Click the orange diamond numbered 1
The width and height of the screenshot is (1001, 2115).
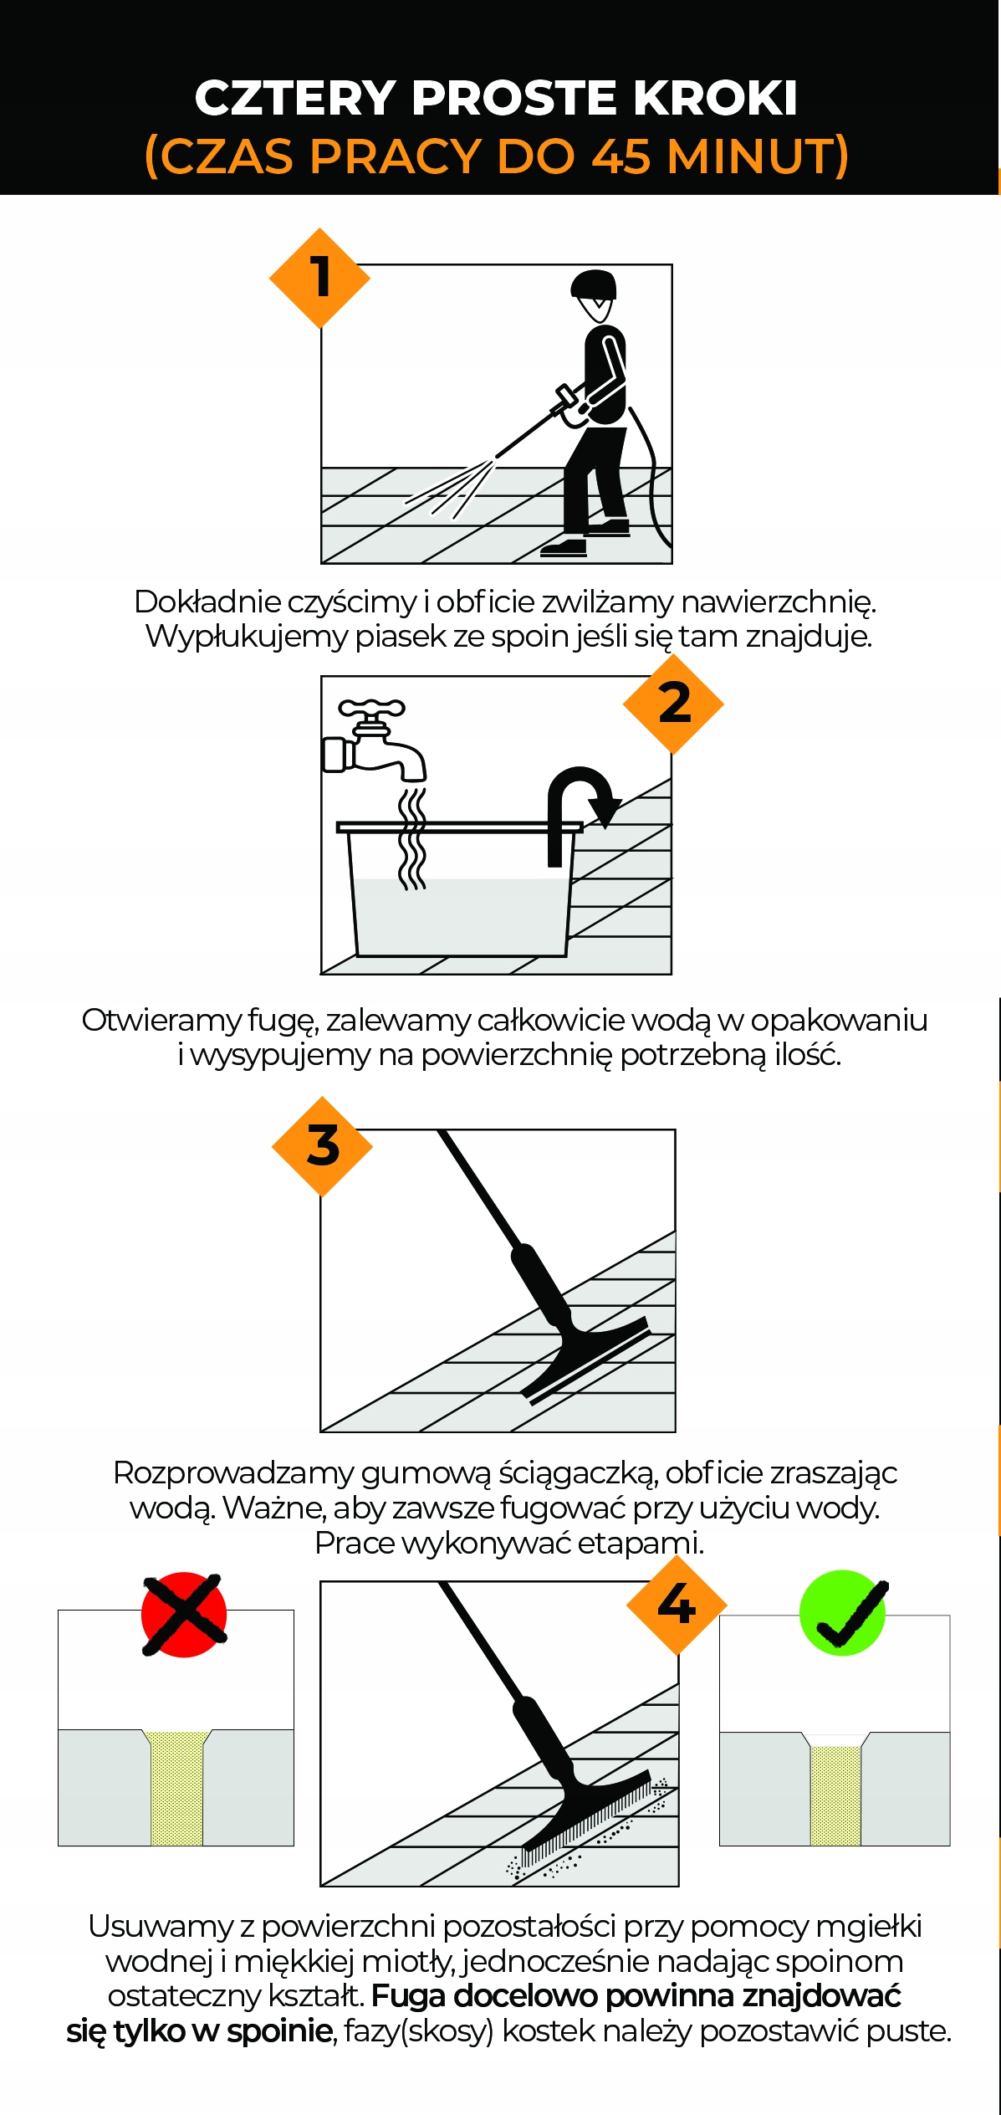point(319,278)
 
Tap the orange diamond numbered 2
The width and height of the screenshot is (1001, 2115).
point(673,704)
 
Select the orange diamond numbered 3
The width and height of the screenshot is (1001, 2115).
point(322,1145)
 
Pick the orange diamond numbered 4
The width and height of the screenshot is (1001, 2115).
point(677,1604)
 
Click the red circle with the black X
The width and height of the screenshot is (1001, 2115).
point(184,1614)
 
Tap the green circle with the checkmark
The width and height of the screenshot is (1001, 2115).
point(843,1612)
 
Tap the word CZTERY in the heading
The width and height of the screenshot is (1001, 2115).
point(294,98)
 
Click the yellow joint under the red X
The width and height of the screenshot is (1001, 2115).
point(176,1790)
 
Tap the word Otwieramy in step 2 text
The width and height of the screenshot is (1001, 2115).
point(160,1021)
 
